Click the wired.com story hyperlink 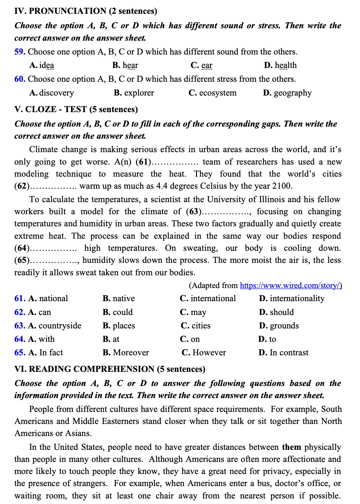pyautogui.click(x=291, y=286)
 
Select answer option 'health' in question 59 pyautogui.click(x=285, y=65)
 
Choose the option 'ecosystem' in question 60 pyautogui.click(x=218, y=93)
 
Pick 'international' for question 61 pyautogui.click(x=213, y=298)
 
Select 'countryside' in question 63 pyautogui.click(x=60, y=326)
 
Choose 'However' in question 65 pyautogui.click(x=209, y=353)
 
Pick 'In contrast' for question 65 pyautogui.click(x=289, y=353)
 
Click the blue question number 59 pyautogui.click(x=20, y=52)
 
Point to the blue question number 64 pyautogui.click(x=20, y=339)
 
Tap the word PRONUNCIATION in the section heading pyautogui.click(x=68, y=11)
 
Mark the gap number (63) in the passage pyautogui.click(x=194, y=211)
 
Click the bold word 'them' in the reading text pyautogui.click(x=291, y=447)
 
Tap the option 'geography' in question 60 pyautogui.click(x=292, y=93)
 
